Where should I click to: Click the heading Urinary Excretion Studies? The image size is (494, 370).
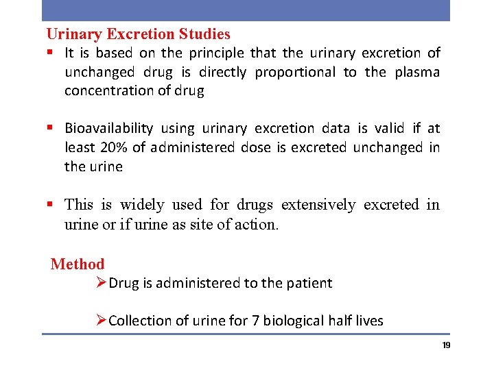pos(138,34)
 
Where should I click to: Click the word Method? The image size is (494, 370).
pos(78,264)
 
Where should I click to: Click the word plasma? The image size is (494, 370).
pos(417,72)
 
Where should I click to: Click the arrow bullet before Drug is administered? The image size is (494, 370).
pos(102,282)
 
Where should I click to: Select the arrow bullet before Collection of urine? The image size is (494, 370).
pos(102,320)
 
